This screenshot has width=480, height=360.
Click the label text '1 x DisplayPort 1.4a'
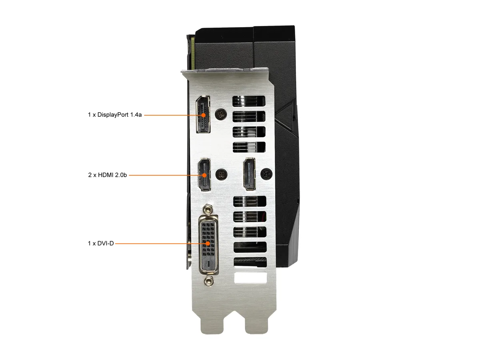(x=115, y=115)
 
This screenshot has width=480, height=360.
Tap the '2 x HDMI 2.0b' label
(x=107, y=175)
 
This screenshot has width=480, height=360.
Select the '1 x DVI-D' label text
(x=101, y=243)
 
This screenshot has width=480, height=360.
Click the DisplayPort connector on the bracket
(x=203, y=114)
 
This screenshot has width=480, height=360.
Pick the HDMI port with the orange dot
(x=204, y=175)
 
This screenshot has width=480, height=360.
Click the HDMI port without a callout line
(x=249, y=174)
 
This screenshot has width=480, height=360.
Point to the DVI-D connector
(x=208, y=245)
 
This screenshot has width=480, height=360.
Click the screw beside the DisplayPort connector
(x=221, y=114)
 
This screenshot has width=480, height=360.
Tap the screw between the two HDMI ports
(x=221, y=174)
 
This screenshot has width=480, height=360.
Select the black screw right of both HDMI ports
(x=266, y=174)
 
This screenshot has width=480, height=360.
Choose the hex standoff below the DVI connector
(x=208, y=281)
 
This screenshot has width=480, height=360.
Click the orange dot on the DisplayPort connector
(x=204, y=115)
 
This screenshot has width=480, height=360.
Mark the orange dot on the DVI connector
(x=208, y=243)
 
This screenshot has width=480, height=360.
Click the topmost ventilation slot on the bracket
(x=249, y=101)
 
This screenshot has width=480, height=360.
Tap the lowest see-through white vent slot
(x=251, y=278)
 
